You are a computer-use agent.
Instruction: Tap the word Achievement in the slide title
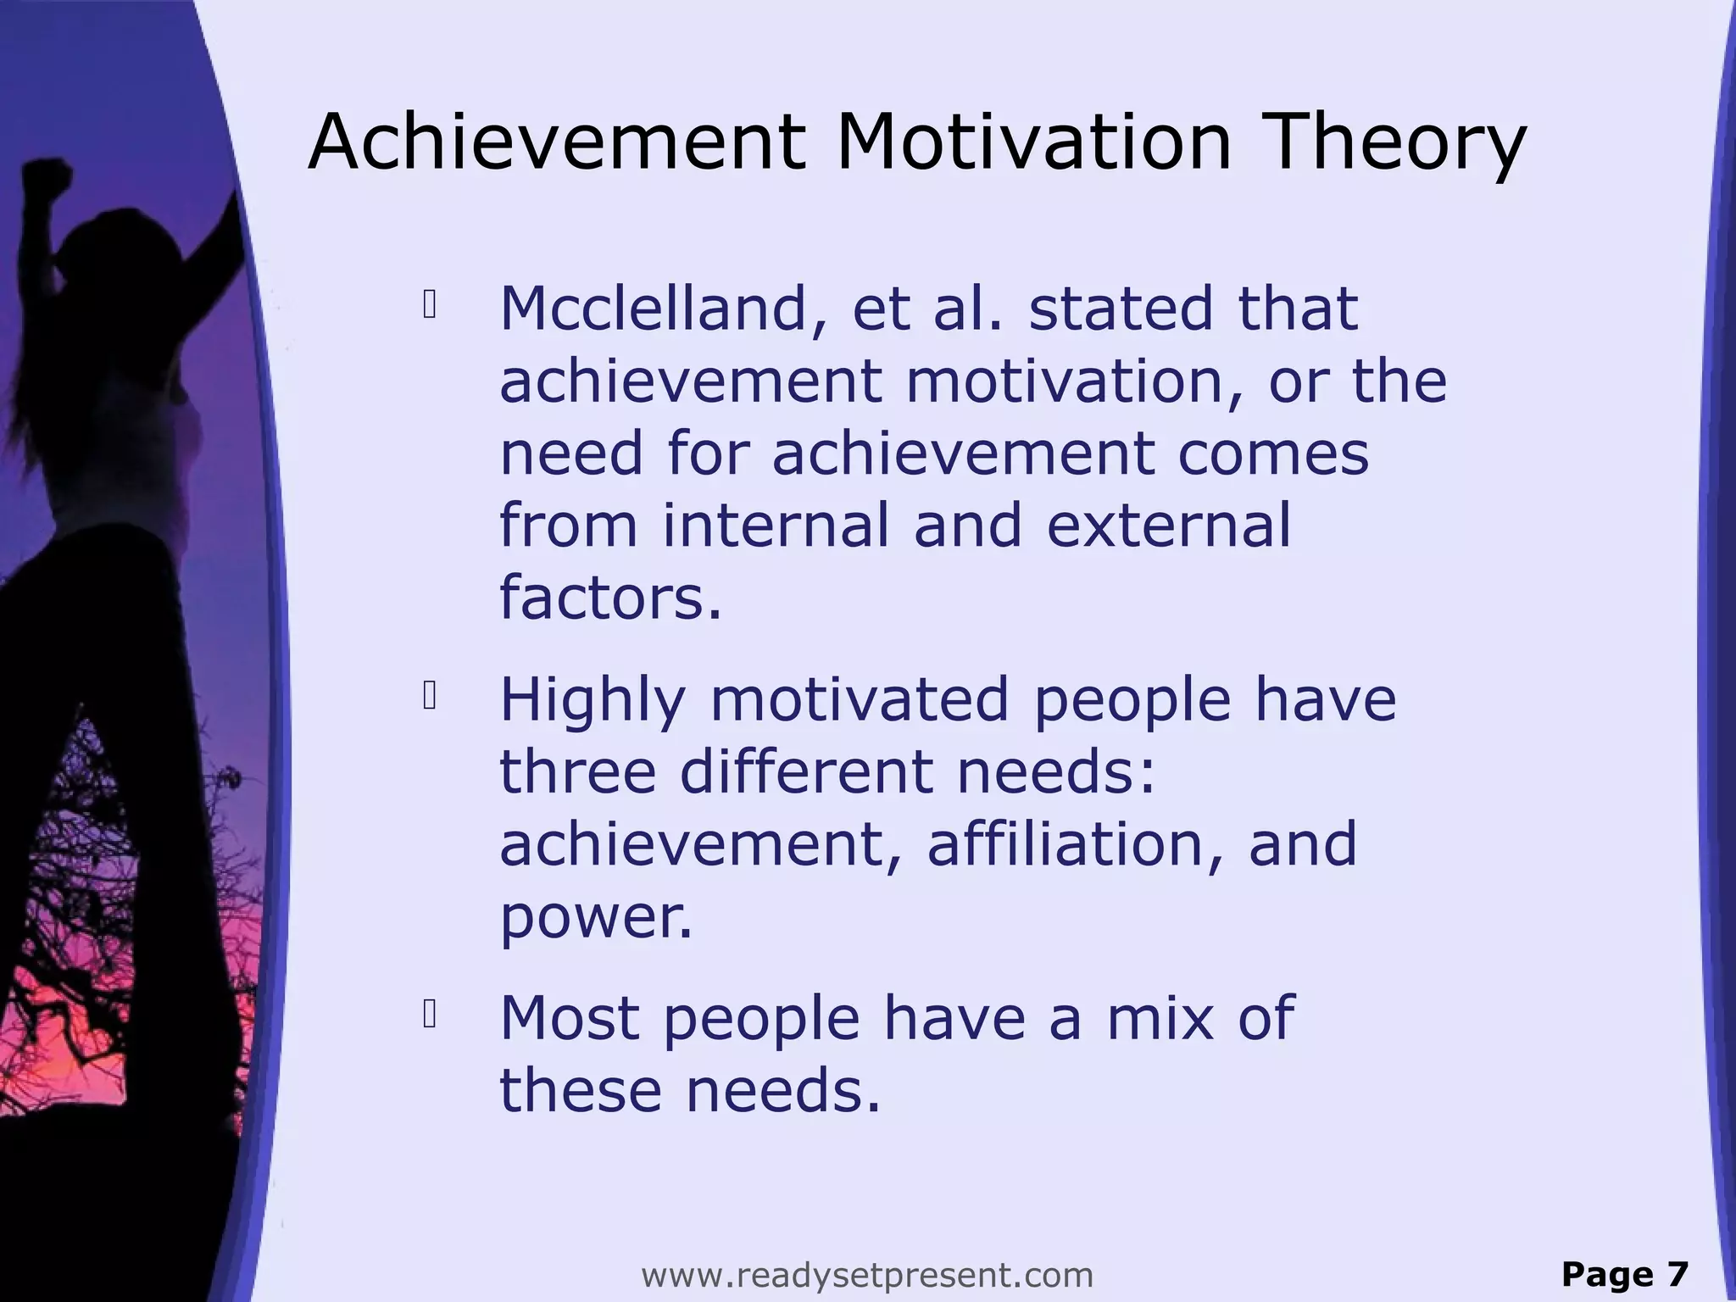coord(556,142)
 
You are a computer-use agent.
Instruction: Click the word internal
coord(776,526)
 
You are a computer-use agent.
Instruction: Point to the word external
coord(1169,526)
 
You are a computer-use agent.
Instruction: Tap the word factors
coord(610,598)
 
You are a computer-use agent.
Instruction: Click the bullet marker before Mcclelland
coord(429,305)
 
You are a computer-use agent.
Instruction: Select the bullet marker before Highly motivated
coord(429,696)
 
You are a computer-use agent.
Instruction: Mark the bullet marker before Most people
coord(429,1014)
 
